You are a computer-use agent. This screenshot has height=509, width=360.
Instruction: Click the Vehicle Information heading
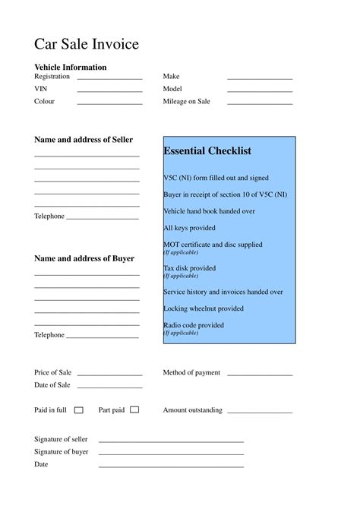click(71, 67)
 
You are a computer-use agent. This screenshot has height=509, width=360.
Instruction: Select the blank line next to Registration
click(109, 78)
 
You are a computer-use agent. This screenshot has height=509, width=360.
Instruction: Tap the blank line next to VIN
click(109, 90)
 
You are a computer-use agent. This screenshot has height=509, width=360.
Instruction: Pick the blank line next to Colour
click(109, 103)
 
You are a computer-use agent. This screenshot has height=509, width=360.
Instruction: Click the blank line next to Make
click(260, 78)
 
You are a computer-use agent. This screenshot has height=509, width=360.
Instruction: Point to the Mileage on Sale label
click(187, 101)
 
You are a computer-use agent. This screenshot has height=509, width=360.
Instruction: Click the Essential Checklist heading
click(207, 151)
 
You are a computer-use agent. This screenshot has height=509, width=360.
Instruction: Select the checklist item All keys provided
click(189, 228)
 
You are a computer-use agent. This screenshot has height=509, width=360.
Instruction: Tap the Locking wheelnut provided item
click(204, 308)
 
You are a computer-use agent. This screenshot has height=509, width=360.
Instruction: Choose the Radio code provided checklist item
click(194, 325)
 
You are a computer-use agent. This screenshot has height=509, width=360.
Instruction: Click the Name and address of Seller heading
click(84, 140)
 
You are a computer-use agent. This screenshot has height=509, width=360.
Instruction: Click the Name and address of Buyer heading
click(84, 258)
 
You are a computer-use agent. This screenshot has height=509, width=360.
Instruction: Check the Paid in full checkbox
click(79, 410)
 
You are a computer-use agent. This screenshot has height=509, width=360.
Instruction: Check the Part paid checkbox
click(134, 409)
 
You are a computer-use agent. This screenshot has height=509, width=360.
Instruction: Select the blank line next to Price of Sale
click(109, 375)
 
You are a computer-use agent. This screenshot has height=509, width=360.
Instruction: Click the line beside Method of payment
click(260, 375)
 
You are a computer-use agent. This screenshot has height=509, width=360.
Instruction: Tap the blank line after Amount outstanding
click(260, 412)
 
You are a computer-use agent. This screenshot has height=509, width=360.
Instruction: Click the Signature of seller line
click(171, 441)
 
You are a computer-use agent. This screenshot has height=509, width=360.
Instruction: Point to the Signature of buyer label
click(62, 451)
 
